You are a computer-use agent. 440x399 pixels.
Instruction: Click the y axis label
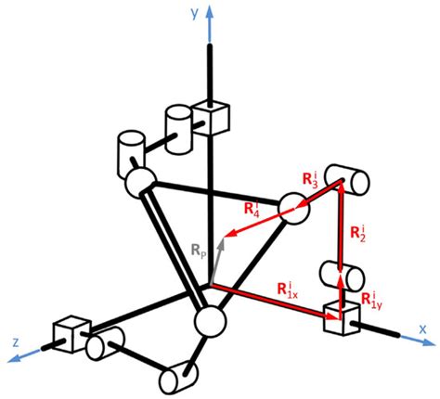tap(193, 14)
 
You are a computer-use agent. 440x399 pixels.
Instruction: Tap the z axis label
tap(16, 341)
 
